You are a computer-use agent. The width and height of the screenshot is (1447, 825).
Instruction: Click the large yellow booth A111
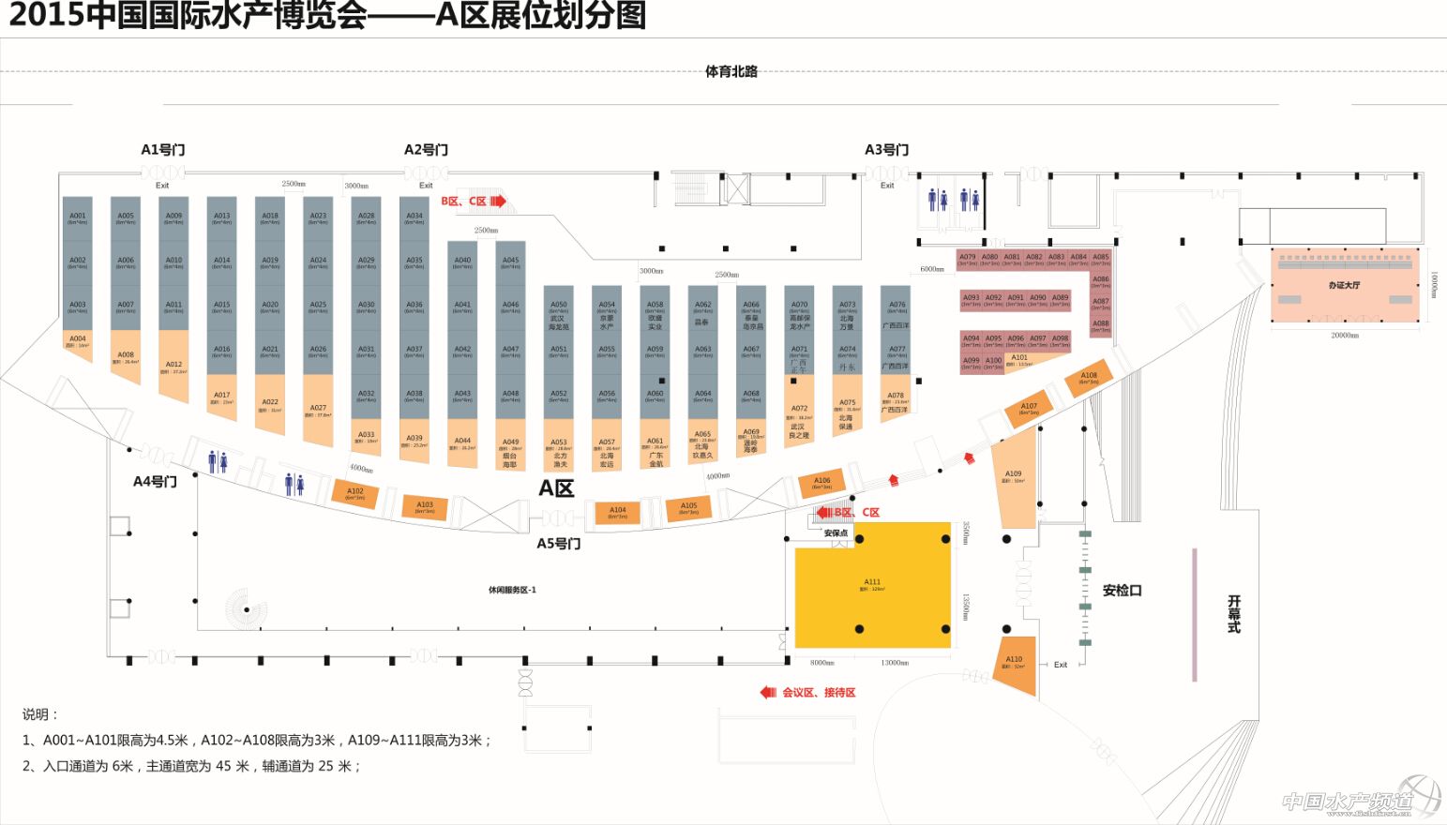872,586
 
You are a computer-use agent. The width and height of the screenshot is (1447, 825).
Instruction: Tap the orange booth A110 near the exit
1016,664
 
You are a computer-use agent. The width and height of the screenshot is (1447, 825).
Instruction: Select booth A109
1014,477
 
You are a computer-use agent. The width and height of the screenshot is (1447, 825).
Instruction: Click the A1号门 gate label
163,150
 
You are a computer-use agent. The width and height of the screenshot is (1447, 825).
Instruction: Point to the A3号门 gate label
886,150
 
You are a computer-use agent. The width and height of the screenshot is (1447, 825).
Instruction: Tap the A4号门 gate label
155,482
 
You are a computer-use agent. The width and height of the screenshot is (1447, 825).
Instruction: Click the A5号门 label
558,544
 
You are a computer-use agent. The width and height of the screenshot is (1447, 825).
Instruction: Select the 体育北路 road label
731,71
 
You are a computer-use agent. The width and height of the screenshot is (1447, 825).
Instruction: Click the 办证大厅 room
1343,285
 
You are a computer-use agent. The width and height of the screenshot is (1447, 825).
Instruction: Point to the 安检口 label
1122,591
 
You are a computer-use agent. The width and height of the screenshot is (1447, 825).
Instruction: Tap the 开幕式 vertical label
1234,614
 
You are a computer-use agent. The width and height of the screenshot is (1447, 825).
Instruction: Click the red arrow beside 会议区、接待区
768,693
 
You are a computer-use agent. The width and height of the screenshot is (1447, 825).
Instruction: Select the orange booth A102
355,493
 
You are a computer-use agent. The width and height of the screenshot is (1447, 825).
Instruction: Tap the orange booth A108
1088,377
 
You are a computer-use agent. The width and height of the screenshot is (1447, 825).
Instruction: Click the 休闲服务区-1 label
512,590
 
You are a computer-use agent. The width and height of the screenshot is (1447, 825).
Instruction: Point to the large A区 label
556,487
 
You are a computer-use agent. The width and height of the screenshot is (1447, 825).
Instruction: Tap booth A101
1018,360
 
